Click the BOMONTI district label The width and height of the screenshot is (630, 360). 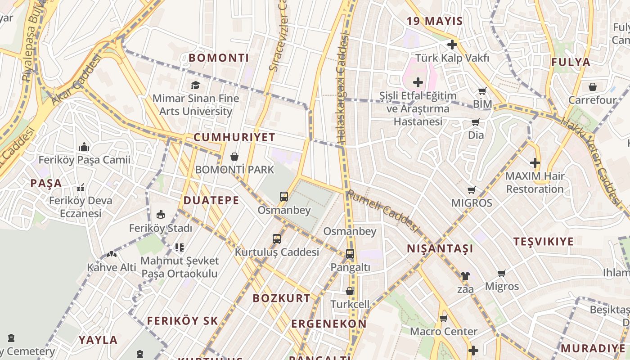point(219,58)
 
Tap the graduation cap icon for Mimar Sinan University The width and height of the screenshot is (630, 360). point(195,85)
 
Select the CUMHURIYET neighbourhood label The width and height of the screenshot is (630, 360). point(234,137)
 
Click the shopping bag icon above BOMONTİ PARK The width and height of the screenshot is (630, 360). point(234,157)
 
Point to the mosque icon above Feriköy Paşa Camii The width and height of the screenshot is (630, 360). point(84,147)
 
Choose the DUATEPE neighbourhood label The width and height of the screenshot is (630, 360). point(211,200)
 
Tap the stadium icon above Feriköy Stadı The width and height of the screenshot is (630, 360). point(161,214)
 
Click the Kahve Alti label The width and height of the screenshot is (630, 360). point(112,267)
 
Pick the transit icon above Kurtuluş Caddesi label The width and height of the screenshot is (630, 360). point(277,239)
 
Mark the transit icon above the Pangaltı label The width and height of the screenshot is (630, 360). point(350,254)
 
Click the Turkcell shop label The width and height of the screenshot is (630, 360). point(350,304)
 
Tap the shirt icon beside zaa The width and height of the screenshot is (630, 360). point(465,276)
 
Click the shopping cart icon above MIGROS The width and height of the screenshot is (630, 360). point(472,190)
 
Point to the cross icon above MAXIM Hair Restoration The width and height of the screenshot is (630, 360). point(535,162)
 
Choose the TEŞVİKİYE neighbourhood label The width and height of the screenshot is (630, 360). point(544,241)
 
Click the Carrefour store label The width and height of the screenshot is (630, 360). point(592,100)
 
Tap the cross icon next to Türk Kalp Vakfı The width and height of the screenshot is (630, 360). point(452,45)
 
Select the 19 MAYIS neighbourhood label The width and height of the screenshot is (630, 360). point(435,21)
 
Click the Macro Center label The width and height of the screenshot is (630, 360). point(444,332)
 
